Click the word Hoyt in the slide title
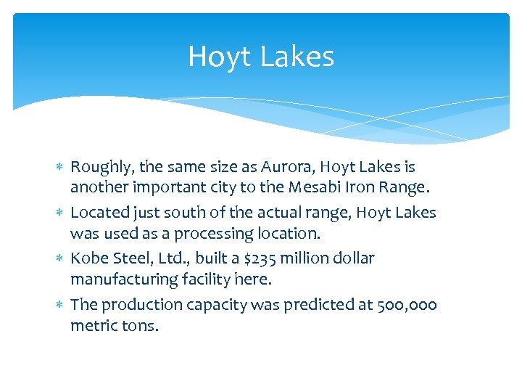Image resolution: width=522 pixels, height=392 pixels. click(x=215, y=57)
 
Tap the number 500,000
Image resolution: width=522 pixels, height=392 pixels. click(x=407, y=304)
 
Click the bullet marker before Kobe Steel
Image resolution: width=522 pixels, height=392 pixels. click(x=61, y=258)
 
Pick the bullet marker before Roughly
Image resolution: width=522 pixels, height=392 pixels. click(x=61, y=168)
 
